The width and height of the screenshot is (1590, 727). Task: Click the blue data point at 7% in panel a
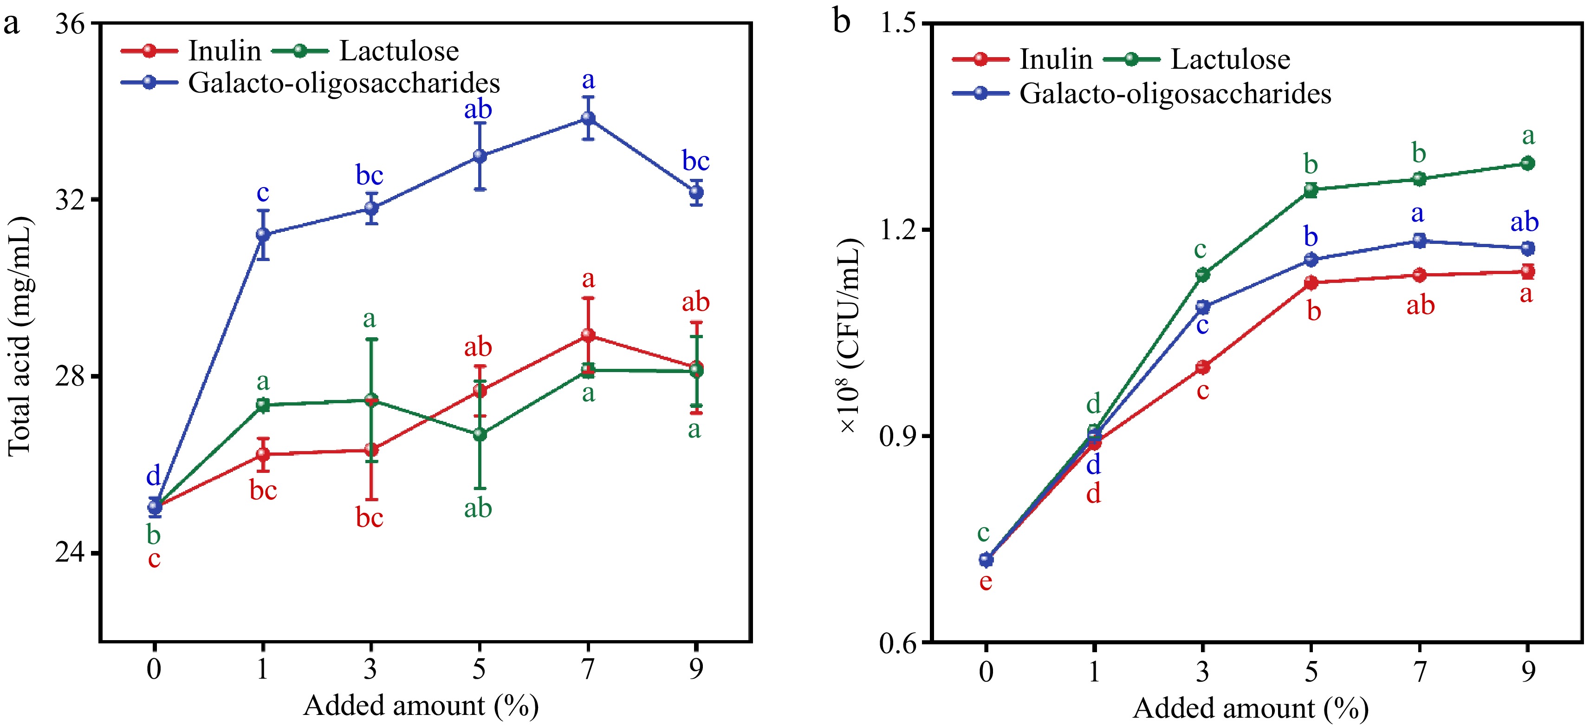click(x=588, y=118)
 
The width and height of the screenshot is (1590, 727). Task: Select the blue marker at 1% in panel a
click(x=263, y=235)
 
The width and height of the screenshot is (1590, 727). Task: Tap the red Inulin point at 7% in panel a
click(x=588, y=335)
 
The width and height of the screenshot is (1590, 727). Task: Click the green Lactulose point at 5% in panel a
click(x=480, y=434)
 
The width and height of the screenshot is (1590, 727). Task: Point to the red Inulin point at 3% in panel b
click(x=1202, y=367)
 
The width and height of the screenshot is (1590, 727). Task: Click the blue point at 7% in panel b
click(x=1419, y=240)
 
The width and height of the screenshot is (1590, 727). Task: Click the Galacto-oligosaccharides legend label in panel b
click(x=1175, y=93)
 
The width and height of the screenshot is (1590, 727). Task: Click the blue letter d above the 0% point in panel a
click(x=153, y=476)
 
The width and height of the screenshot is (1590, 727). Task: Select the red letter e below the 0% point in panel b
click(x=986, y=581)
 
